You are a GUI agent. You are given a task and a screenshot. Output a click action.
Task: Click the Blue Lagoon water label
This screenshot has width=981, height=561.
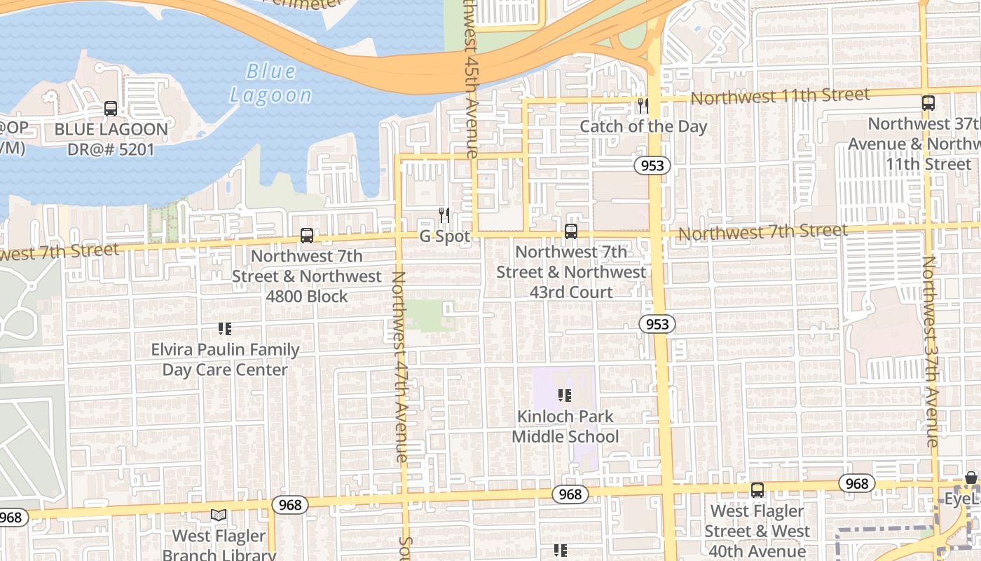(270, 83)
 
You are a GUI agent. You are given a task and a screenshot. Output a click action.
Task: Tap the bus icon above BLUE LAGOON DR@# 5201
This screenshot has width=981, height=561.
(111, 109)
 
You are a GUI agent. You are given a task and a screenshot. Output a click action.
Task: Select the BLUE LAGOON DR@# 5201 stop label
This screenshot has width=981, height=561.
(111, 139)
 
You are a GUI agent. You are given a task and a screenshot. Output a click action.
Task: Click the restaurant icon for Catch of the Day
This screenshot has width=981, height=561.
(643, 106)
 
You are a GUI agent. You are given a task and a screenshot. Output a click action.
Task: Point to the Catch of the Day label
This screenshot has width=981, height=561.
(643, 126)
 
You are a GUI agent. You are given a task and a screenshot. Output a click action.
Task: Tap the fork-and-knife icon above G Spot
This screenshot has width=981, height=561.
(444, 215)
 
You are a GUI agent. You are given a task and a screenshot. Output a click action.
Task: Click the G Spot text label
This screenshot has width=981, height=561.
(445, 236)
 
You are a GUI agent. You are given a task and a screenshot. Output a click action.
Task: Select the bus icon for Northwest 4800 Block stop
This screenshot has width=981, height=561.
(307, 236)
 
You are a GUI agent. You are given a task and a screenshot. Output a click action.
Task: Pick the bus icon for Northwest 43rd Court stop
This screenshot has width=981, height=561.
(571, 231)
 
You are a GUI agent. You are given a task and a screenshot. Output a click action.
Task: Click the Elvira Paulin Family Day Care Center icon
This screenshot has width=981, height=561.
(225, 328)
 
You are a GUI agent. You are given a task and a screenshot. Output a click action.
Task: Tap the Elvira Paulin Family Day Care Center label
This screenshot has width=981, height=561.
(225, 359)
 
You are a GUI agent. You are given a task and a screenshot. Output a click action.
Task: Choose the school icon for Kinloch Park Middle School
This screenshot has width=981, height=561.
(565, 396)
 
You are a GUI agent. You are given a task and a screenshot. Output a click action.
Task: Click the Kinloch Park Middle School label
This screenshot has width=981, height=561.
(565, 426)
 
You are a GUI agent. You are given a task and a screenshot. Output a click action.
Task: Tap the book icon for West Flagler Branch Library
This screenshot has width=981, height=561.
(219, 515)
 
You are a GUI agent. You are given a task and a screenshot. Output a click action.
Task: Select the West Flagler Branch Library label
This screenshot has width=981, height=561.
(219, 546)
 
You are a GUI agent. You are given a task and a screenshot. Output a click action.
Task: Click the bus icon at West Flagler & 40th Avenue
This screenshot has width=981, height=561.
(757, 490)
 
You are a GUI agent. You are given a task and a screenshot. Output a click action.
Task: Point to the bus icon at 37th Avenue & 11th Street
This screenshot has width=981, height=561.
(928, 102)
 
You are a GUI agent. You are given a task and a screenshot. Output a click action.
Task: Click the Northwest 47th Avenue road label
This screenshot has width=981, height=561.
(399, 366)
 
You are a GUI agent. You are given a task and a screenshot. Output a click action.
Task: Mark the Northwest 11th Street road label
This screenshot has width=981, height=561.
(780, 96)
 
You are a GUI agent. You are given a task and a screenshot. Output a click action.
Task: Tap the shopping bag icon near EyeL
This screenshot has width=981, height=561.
(970, 478)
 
